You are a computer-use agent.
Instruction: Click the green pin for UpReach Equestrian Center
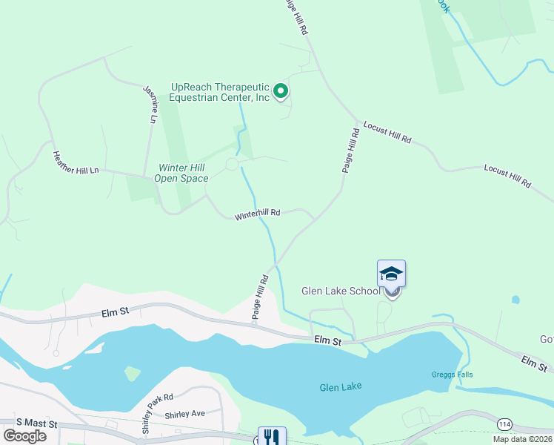pos(281,91)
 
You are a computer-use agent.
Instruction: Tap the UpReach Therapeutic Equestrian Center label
pos(218,92)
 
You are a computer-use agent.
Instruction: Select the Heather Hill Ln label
pos(76,162)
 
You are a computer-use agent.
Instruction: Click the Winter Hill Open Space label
pos(181,173)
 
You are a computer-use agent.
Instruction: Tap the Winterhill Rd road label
pos(257,215)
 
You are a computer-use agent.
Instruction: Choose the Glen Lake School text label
pos(341,291)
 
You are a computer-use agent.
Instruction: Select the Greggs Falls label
pos(452,375)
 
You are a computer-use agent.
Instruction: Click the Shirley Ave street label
pos(184,414)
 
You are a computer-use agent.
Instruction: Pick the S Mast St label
pos(30,421)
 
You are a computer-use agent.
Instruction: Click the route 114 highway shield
pos(504,423)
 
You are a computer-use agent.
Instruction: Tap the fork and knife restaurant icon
pos(271,438)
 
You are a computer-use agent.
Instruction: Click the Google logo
pos(24,435)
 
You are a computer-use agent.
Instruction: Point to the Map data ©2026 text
pos(523,439)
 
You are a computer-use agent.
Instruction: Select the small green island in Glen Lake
pos(132,372)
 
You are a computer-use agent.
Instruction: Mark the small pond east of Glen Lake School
pos(515,300)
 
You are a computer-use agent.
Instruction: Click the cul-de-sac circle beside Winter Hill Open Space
pos(232,164)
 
